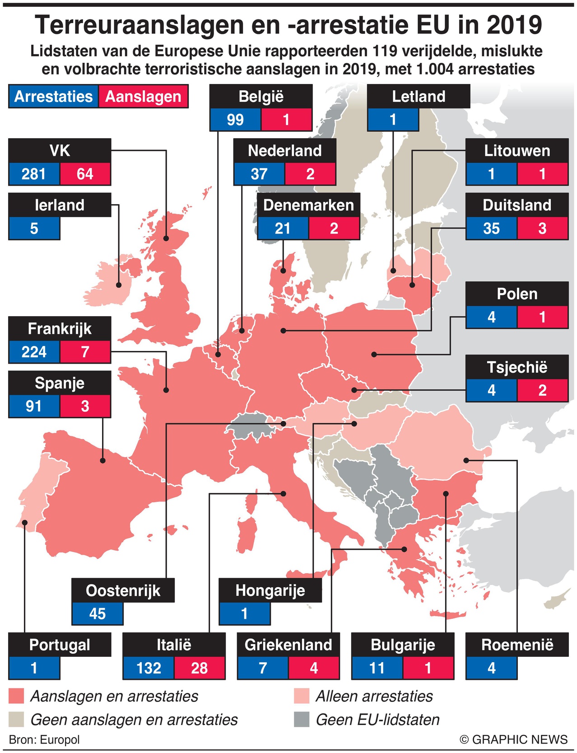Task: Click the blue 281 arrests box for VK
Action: [34, 174]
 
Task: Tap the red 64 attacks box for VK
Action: [85, 174]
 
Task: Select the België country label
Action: [261, 96]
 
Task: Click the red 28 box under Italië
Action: [199, 668]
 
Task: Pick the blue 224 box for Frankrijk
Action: [34, 351]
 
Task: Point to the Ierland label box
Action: [60, 205]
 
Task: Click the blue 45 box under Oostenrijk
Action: [97, 613]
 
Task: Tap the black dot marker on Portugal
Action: [25, 522]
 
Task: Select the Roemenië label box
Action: [517, 645]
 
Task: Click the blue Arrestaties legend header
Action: [53, 97]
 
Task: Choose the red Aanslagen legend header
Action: [143, 97]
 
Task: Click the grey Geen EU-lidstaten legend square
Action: [302, 720]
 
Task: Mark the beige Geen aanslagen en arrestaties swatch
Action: [16, 720]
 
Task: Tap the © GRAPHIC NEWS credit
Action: [513, 739]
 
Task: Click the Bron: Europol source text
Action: [44, 739]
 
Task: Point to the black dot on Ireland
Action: [119, 285]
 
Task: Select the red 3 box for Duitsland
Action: [542, 228]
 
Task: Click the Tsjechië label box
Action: [517, 367]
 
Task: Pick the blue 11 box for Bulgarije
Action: [377, 668]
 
